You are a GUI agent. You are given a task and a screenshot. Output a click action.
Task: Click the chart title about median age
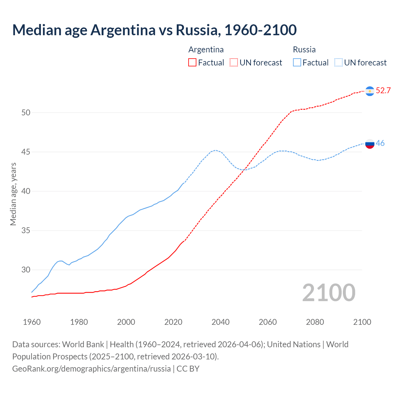[x=154, y=30]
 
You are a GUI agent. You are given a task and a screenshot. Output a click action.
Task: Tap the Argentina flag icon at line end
[x=370, y=91]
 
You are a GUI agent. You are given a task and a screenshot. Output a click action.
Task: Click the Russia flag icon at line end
[x=370, y=144]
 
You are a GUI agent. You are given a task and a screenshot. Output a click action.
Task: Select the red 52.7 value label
[x=383, y=91]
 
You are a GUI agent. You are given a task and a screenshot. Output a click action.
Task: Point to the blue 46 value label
[x=380, y=143]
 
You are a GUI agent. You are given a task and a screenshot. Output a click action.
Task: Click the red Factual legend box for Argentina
[x=192, y=63]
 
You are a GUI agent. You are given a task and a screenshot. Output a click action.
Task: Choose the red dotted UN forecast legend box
[x=234, y=63]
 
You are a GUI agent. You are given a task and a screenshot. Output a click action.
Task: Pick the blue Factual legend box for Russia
[x=297, y=63]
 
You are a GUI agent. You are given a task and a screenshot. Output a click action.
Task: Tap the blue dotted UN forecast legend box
[x=339, y=63]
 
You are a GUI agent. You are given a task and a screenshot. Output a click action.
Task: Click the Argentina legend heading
[x=206, y=50]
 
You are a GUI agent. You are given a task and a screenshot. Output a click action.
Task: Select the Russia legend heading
[x=304, y=50]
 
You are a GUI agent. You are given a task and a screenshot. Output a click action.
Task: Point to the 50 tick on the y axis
[x=26, y=113]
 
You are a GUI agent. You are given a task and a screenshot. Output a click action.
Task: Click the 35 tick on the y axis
[x=26, y=231]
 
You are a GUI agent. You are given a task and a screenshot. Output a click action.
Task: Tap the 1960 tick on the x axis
[x=32, y=322]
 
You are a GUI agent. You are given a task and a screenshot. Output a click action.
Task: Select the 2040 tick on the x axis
[x=220, y=322]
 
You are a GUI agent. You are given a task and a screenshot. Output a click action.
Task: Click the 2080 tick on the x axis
[x=315, y=322]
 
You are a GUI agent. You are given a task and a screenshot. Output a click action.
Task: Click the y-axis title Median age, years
[x=13, y=194]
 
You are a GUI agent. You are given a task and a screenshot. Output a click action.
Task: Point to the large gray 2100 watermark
[x=329, y=293]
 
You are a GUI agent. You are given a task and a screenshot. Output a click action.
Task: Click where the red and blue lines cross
[x=245, y=169]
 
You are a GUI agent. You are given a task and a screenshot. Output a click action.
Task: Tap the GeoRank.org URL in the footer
[x=91, y=369]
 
